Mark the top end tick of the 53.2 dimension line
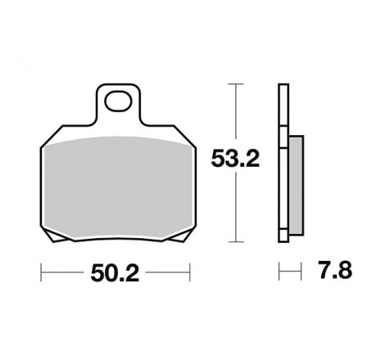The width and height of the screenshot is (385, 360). (x=236, y=83)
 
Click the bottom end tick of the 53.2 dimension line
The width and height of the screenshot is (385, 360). (x=236, y=242)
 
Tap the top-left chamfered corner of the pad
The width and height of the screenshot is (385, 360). (x=46, y=139)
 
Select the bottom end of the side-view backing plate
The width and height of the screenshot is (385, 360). (x=283, y=240)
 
